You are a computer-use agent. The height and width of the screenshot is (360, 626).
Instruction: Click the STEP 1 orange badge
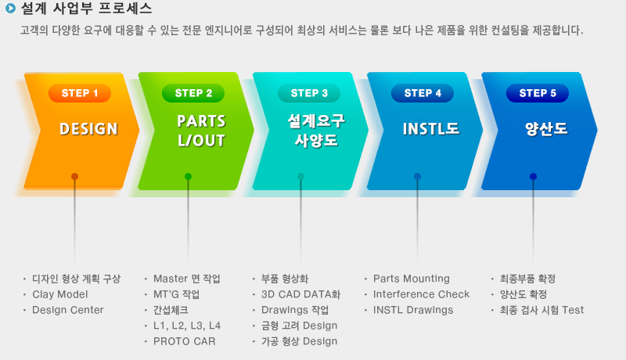click(x=80, y=93)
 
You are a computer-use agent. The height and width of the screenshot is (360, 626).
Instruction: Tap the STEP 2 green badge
click(x=193, y=93)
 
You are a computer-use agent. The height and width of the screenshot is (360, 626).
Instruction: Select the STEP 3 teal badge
click(x=309, y=93)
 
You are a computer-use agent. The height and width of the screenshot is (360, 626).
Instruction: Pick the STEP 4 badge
click(x=423, y=93)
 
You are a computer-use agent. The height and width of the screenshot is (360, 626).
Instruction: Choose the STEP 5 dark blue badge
click(x=538, y=93)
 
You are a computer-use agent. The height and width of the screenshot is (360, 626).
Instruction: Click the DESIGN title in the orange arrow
click(x=88, y=129)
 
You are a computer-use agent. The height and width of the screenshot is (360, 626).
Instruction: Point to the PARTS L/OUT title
click(x=202, y=131)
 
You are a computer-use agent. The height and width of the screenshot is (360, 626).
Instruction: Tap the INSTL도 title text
click(x=431, y=129)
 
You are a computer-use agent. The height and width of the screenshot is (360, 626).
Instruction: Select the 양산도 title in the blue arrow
click(x=546, y=129)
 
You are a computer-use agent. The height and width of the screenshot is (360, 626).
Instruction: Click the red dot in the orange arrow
click(x=74, y=176)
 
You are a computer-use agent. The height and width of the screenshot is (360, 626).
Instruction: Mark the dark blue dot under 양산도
click(x=533, y=176)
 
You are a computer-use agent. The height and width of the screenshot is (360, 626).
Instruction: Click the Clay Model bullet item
click(x=60, y=294)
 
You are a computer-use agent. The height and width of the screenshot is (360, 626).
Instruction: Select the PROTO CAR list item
click(x=185, y=342)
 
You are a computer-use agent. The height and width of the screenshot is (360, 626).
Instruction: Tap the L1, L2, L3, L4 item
click(x=187, y=326)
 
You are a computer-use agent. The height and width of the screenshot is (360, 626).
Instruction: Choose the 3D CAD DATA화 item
click(x=300, y=294)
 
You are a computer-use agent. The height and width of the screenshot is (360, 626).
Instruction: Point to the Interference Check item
click(x=421, y=294)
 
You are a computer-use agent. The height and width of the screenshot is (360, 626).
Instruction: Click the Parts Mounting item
click(x=412, y=279)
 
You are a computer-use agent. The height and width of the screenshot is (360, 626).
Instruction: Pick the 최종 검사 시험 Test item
click(x=541, y=310)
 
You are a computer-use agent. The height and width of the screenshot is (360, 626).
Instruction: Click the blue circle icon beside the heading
click(x=10, y=8)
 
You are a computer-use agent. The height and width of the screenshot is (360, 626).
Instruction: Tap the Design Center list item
click(x=68, y=310)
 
